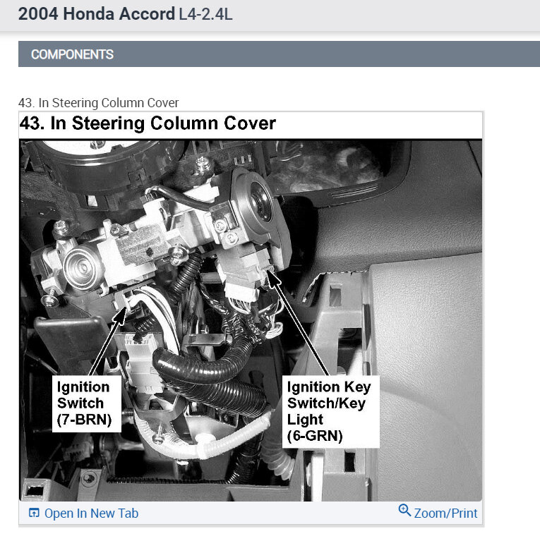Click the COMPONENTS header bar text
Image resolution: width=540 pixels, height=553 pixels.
pos(72,54)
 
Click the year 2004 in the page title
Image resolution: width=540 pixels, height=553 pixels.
pos(40,14)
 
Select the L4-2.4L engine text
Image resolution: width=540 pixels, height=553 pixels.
pos(205,15)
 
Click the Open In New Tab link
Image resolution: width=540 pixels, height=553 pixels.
pos(91,513)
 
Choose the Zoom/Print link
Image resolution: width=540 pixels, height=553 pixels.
pos(445,513)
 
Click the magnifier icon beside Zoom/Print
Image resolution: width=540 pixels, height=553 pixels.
pos(404,511)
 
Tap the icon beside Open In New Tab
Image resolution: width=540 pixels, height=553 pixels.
pos(33,513)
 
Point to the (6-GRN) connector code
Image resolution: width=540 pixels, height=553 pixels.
pos(314,436)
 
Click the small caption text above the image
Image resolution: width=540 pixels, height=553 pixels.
pos(99,103)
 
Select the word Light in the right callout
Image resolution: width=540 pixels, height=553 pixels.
pos(306,420)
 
